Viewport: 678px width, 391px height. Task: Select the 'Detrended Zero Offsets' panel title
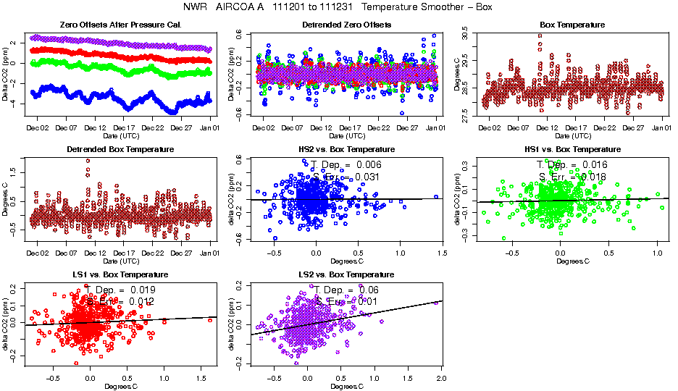pos(346,25)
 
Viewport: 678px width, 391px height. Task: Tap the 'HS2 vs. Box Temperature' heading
pos(346,150)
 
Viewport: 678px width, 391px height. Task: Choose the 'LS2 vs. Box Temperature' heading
pos(346,275)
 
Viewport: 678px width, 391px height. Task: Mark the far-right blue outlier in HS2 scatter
pos(436,196)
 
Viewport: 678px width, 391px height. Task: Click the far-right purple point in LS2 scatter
pos(436,303)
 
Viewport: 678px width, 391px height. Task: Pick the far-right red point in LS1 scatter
pos(209,319)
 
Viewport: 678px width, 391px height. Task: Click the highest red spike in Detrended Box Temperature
pos(88,161)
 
